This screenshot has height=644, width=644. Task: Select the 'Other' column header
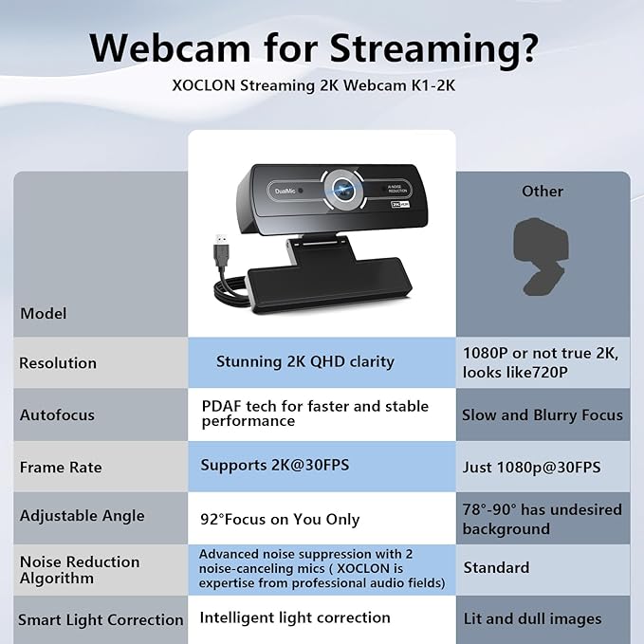[x=543, y=192]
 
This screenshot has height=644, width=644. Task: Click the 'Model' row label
[x=44, y=313]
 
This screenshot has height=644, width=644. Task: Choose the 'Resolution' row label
[x=58, y=362]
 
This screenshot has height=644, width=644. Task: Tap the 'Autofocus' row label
[x=57, y=414]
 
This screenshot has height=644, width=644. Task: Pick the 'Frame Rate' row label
[x=61, y=467]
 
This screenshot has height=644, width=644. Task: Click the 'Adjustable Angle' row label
[x=83, y=516]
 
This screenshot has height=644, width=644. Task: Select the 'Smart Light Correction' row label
[x=101, y=619]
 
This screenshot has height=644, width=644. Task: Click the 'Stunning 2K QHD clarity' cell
[x=304, y=361]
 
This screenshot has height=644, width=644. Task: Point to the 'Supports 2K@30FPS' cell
[x=270, y=466]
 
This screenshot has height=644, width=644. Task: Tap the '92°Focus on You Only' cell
[x=280, y=519]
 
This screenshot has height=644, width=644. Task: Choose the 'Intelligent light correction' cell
[x=295, y=617]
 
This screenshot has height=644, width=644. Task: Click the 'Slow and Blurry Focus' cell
[x=543, y=414]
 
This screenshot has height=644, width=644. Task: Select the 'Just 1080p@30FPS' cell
[x=532, y=467]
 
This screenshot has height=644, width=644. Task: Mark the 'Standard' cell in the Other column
[x=496, y=567]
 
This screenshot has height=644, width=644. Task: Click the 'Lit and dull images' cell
[x=532, y=618]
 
